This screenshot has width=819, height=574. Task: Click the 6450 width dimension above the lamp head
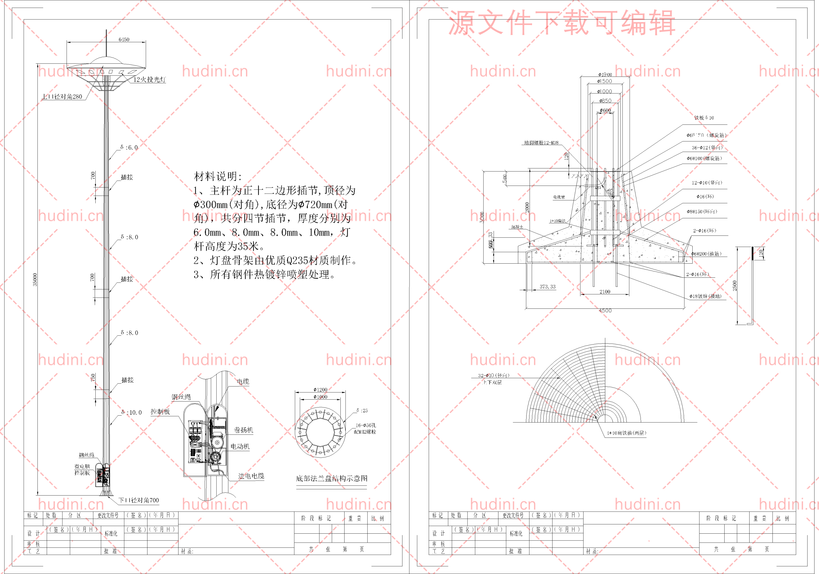(124, 39)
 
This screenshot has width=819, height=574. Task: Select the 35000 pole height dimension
(35, 279)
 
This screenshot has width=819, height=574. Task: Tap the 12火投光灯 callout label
(149, 80)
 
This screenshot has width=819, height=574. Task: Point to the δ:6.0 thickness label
(129, 147)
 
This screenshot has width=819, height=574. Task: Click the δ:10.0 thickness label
(131, 412)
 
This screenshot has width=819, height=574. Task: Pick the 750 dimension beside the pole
(93, 378)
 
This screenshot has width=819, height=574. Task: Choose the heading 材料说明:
(218, 176)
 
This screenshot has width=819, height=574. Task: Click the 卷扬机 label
(243, 430)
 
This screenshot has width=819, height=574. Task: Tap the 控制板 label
(160, 412)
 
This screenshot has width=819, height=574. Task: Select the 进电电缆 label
(251, 476)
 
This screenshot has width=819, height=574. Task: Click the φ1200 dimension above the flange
(320, 390)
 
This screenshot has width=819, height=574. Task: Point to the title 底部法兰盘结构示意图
(331, 478)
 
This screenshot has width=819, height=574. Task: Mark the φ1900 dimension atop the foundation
(605, 75)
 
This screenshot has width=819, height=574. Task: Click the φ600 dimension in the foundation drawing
(605, 110)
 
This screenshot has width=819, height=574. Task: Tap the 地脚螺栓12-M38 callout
(541, 143)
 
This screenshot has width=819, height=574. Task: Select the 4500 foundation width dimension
(605, 310)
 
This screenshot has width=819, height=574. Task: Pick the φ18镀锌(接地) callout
(705, 296)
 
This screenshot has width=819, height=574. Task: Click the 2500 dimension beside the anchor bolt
(735, 285)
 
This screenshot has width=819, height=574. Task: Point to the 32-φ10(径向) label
(494, 375)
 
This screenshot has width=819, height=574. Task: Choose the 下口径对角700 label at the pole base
(139, 500)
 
